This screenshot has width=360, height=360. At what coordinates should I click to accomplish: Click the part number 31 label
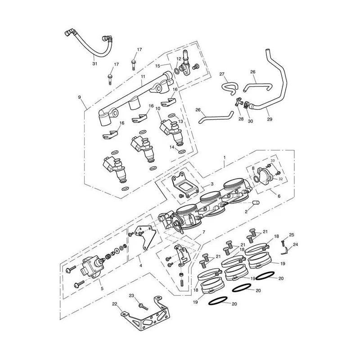coord(95,63)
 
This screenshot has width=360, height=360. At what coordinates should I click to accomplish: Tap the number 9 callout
coord(80,97)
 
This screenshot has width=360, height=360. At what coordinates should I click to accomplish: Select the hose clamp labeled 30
coord(247,105)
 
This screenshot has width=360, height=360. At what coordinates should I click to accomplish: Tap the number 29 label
coord(270,119)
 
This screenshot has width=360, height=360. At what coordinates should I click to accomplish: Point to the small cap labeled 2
coord(256,203)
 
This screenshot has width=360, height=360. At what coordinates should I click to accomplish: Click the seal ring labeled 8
coord(256,178)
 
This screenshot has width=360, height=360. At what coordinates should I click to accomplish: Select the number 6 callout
coord(279,196)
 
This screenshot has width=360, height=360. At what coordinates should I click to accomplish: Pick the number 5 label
coord(102,288)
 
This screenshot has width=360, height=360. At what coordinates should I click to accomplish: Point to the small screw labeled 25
coord(283,243)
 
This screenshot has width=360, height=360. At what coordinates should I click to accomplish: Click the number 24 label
coord(296,245)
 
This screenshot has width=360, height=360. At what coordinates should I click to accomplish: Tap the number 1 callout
coord(225,157)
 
